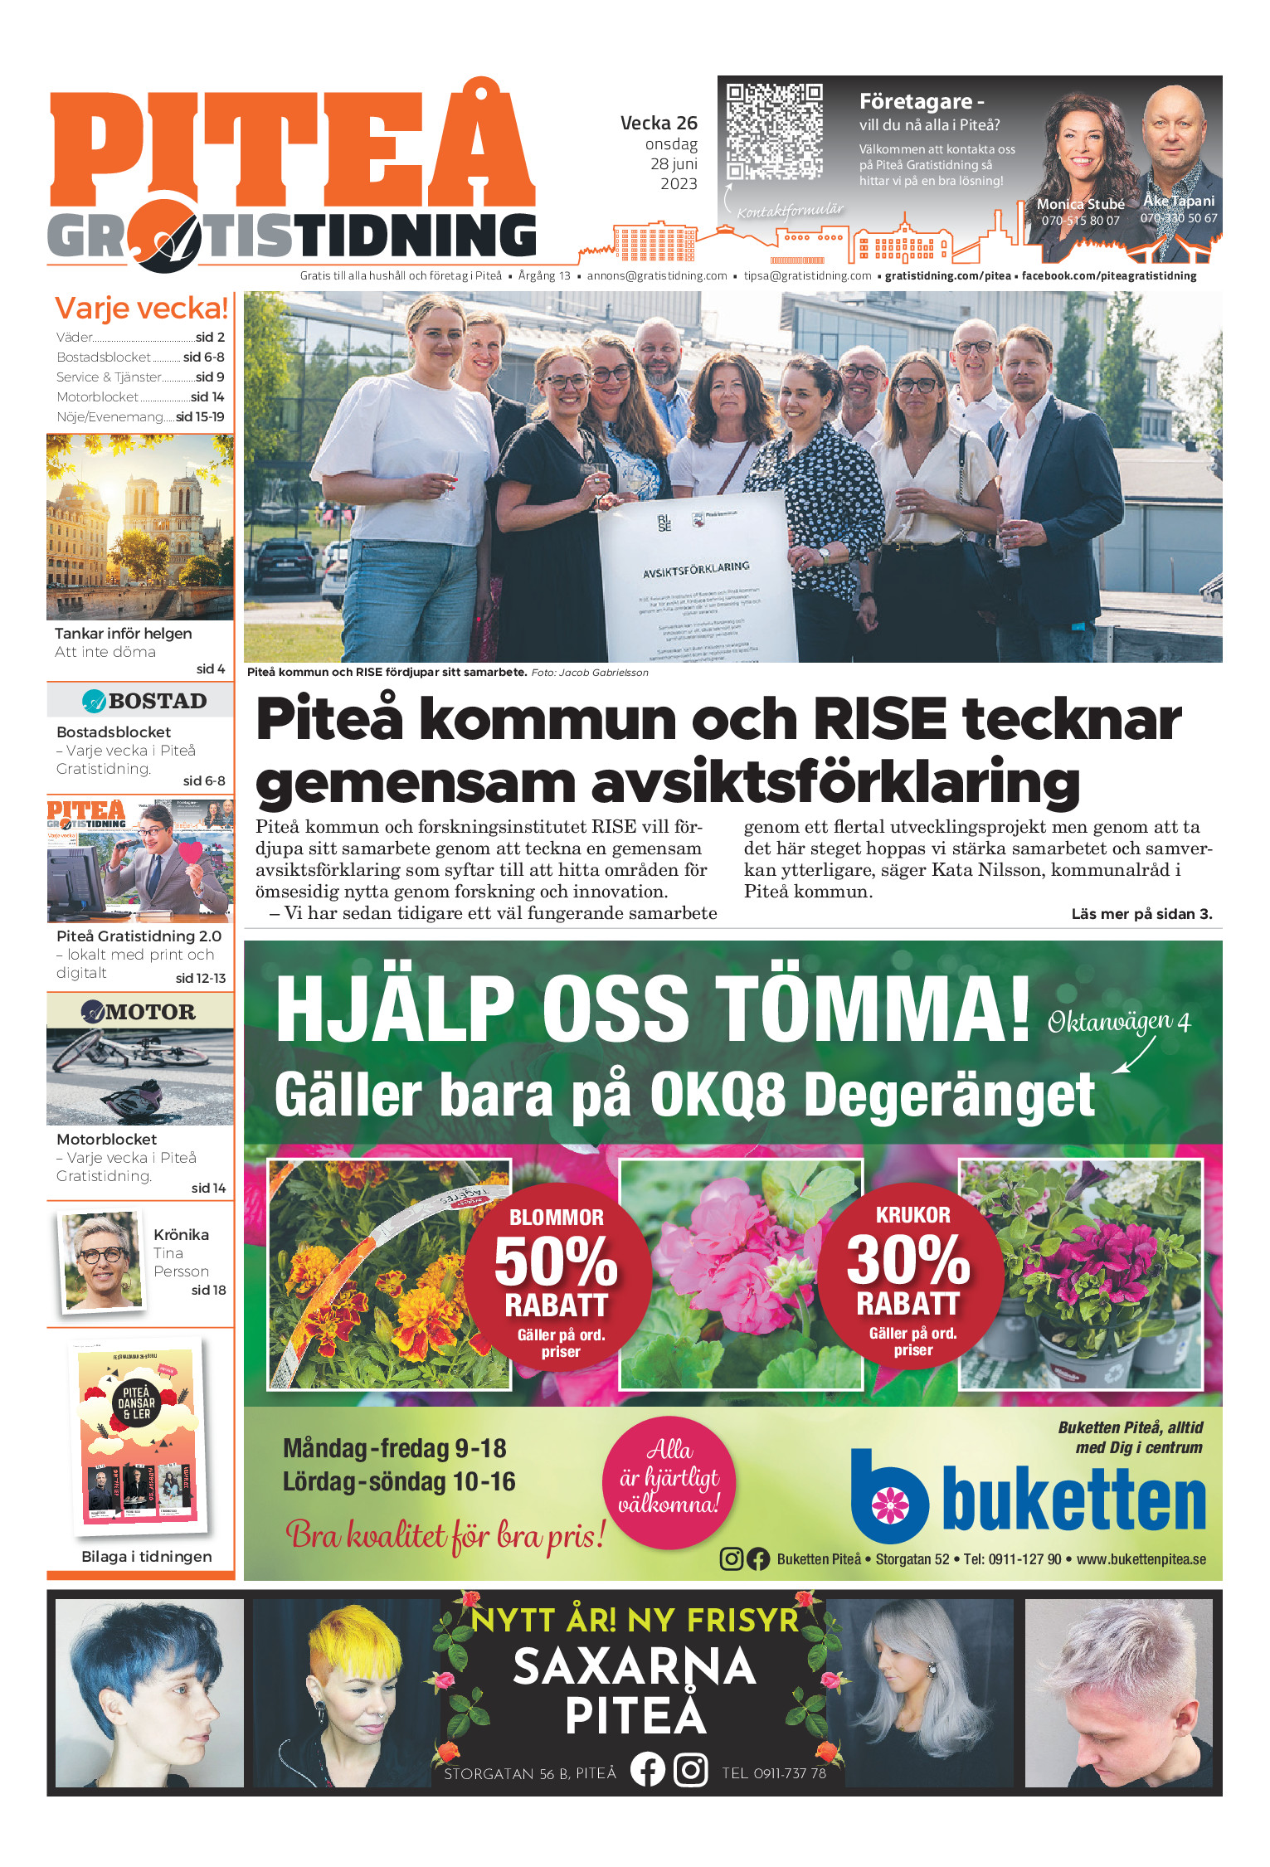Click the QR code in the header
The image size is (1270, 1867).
coord(774,131)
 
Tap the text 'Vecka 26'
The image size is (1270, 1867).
coord(659,123)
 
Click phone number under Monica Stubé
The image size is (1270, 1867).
coord(1080,221)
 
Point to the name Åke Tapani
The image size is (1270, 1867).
coord(1178,201)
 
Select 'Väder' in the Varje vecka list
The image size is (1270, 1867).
coord(75,338)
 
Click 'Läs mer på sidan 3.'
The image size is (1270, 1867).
coord(1141,914)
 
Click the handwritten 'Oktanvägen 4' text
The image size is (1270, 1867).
coord(1118,1022)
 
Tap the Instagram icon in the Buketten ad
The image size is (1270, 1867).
coord(731,1558)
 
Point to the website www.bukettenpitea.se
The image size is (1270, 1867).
coord(1141,1559)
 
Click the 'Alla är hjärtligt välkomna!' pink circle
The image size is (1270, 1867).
coord(669,1482)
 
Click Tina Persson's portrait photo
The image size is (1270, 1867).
coord(103,1262)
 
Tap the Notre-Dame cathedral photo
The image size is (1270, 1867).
coord(139,527)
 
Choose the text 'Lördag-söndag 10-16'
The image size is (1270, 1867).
coord(399,1481)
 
